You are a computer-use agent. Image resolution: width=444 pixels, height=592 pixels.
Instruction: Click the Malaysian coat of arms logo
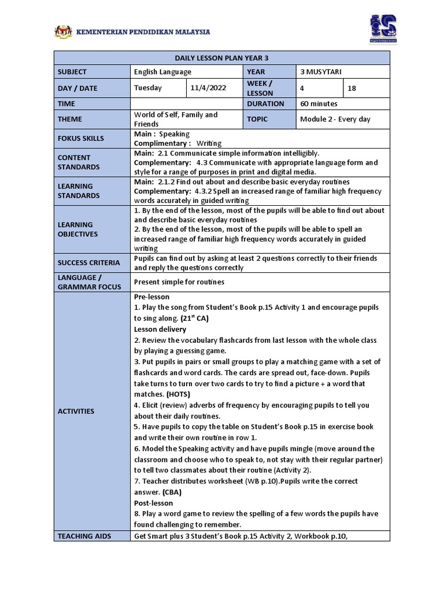click(x=63, y=31)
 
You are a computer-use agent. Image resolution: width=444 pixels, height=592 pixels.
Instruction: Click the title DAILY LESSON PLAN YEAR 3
click(x=222, y=58)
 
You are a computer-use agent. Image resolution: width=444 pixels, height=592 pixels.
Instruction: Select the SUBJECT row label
click(x=72, y=72)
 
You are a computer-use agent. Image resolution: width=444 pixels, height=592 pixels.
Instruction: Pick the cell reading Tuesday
click(x=148, y=88)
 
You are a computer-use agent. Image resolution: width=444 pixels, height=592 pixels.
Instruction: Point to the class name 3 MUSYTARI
click(x=321, y=72)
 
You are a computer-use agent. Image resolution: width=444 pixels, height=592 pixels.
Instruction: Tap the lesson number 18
click(x=353, y=88)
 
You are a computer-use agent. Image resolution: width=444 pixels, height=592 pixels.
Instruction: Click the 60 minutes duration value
click(x=319, y=103)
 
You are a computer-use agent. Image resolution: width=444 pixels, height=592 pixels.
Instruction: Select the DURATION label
click(x=265, y=103)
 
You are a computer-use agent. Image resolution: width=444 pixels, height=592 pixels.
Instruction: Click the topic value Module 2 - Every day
click(x=335, y=119)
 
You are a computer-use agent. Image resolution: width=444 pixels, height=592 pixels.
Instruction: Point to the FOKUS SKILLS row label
click(x=81, y=138)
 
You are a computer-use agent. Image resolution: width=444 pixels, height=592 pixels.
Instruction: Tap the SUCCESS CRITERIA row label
click(x=88, y=262)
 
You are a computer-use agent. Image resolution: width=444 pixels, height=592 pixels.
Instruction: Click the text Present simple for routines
click(x=179, y=282)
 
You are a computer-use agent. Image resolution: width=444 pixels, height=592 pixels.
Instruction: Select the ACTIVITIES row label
click(x=76, y=411)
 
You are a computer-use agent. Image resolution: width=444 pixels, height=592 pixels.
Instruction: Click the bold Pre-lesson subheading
click(x=151, y=297)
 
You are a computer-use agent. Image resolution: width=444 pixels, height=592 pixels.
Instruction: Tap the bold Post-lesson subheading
click(x=153, y=503)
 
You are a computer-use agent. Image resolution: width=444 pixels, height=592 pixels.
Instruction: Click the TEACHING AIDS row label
click(x=84, y=536)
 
